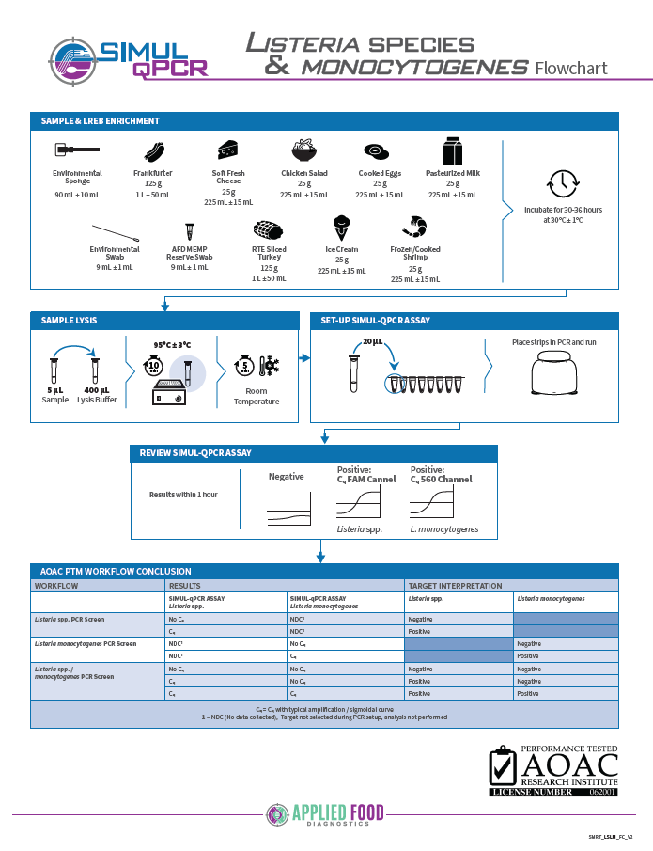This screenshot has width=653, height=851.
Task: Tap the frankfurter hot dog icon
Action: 154,152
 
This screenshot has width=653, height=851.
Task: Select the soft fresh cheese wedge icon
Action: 227,150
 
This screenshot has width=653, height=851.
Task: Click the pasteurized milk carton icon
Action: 452,150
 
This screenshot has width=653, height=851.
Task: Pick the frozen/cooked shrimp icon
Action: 413,227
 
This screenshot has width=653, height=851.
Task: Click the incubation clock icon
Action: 563,181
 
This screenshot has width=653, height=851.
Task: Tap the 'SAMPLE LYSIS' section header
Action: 69,321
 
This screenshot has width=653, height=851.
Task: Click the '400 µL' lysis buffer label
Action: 97,389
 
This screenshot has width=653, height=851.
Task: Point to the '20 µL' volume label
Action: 372,341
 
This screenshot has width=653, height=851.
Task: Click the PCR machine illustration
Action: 553,378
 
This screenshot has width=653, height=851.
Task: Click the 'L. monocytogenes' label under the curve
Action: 444,529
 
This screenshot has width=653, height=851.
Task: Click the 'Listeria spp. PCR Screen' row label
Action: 70,620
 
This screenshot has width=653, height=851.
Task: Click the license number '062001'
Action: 603,792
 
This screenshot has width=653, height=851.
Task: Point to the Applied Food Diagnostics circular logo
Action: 277,814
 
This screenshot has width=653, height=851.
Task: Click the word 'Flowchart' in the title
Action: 571,68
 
